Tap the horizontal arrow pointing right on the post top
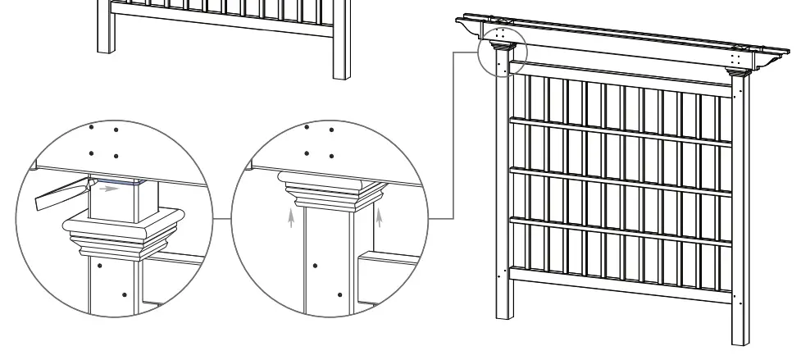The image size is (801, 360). coord(109,188)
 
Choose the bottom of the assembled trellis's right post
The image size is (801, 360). coord(739,336)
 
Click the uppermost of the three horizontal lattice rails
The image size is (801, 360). coord(620,131)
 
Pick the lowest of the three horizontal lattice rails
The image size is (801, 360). coord(620,231)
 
